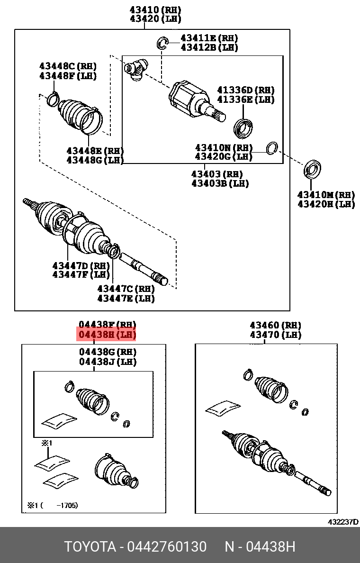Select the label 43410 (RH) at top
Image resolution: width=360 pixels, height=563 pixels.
click(149, 10)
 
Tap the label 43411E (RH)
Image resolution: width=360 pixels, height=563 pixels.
click(209, 38)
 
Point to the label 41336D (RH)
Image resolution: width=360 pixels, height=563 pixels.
click(245, 90)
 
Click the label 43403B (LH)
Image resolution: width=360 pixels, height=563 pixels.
click(220, 183)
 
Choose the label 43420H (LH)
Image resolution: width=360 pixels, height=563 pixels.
click(326, 204)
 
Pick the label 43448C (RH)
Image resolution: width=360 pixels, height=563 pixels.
click(68, 66)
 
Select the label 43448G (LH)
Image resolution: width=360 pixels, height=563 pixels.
click(95, 160)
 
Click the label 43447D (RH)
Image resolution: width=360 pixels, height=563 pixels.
click(81, 265)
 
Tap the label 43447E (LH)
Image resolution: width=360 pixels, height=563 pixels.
click(126, 299)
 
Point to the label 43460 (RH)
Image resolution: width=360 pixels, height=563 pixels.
click(276, 326)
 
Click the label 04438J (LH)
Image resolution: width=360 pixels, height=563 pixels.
click(108, 362)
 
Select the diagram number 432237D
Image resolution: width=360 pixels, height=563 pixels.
click(343, 522)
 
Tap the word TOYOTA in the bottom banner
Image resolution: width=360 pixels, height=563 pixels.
click(90, 547)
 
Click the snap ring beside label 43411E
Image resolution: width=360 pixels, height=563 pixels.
click(162, 43)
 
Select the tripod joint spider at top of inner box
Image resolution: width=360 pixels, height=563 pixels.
click(136, 68)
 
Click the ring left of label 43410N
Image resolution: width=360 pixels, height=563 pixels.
click(272, 148)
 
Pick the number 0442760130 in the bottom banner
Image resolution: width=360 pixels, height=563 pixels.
click(166, 547)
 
